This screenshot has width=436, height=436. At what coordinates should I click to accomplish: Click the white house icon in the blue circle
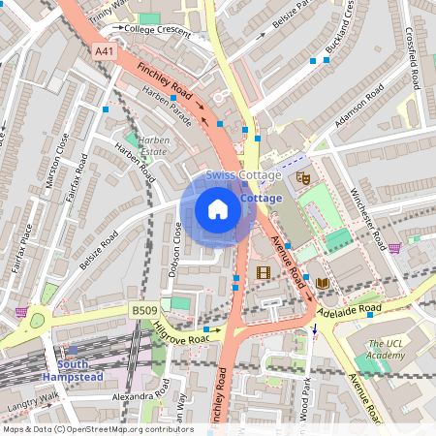pos(218,208)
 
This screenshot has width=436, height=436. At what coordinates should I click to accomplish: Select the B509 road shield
pos(143,310)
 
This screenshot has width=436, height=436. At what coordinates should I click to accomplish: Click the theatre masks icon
pos(302,178)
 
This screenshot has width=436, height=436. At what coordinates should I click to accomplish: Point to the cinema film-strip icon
pos(264,272)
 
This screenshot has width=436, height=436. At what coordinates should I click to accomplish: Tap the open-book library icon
pos(322,282)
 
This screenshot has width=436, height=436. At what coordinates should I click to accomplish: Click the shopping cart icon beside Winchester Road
pos(395,248)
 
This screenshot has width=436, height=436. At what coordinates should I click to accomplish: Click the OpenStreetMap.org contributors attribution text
pos(126,428)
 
